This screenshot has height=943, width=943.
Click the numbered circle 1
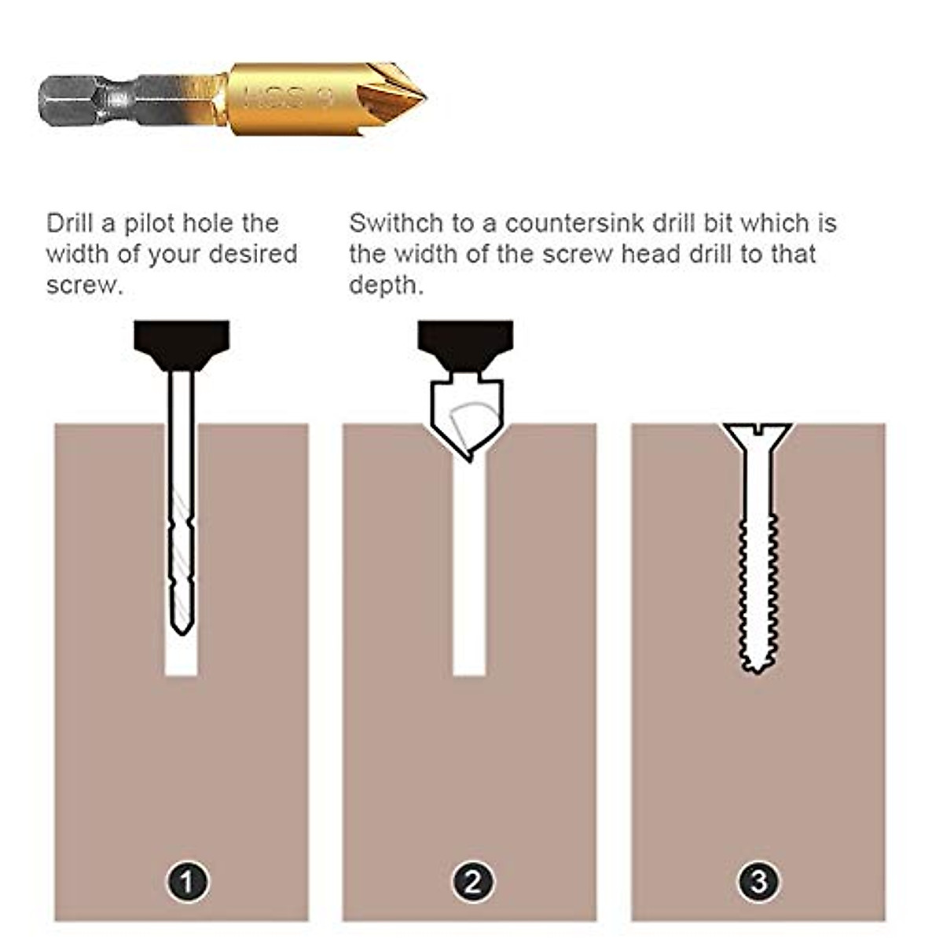pyautogui.click(x=187, y=882)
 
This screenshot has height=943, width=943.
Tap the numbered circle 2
pyautogui.click(x=472, y=882)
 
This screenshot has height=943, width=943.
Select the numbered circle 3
pyautogui.click(x=758, y=882)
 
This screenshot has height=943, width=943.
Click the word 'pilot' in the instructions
pyautogui.click(x=149, y=223)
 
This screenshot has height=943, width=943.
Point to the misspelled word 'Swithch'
pyautogui.click(x=396, y=223)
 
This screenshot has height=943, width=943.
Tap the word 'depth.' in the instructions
pyautogui.click(x=386, y=285)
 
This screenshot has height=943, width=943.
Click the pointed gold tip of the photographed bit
pyautogui.click(x=420, y=98)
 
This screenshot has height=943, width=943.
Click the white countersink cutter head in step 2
pyautogui.click(x=465, y=416)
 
